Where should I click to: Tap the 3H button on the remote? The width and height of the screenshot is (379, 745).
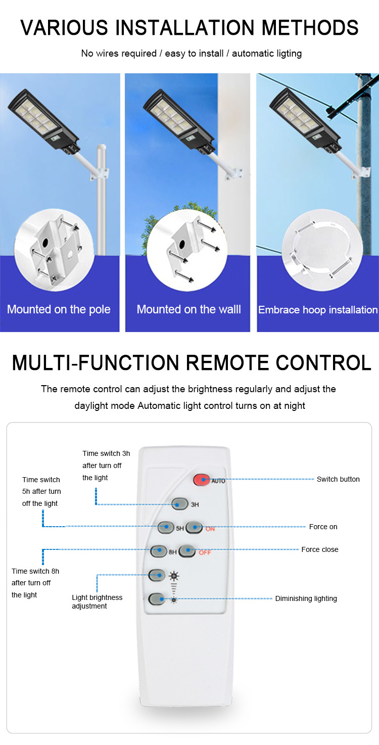coord(179,504)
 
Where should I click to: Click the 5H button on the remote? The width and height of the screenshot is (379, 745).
coord(166,527)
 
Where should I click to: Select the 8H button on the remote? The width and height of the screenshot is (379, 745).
coord(159,551)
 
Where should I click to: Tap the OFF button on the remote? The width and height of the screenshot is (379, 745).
coord(187,551)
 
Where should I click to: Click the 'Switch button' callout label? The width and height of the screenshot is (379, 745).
coord(338,479)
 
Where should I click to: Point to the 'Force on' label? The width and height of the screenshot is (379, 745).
coord(323,527)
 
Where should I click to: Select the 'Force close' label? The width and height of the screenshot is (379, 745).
coord(320,549)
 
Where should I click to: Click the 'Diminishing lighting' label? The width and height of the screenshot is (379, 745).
coord(306,598)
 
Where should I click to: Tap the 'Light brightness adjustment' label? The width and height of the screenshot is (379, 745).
coord(97,601)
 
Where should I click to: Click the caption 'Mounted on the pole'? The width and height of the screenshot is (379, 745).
coord(59,309)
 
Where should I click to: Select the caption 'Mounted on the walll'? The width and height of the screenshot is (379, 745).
coord(189,309)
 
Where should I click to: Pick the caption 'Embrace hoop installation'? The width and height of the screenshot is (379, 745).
coord(318,310)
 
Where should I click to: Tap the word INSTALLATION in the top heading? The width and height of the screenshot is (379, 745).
coord(185,27)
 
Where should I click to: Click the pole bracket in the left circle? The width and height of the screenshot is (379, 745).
coord(57,250)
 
